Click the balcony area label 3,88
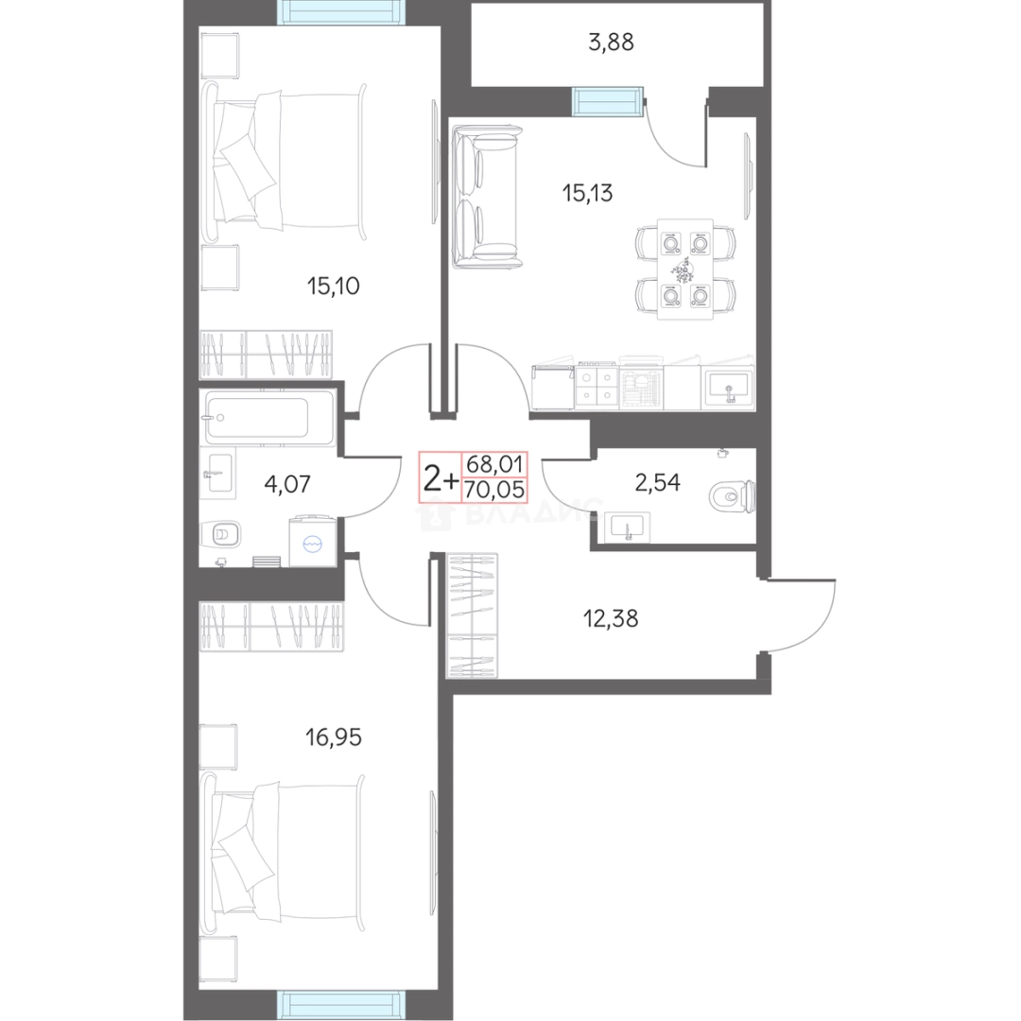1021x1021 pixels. pos(611,43)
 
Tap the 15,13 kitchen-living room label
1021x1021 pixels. pos(587,194)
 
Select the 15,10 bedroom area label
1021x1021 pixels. pos(334,286)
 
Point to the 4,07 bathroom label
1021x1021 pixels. pos(287,484)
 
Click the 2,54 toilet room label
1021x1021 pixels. pos(658,482)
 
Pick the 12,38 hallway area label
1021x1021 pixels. pos(611,618)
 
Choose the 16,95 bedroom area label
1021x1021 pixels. pos(334,737)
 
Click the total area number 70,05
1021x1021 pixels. pos(494,490)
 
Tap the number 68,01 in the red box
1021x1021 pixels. pos(494,464)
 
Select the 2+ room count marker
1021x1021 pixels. pos(441,479)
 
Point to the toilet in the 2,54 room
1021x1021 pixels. pos(733,497)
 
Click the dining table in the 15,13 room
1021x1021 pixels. pos(685,268)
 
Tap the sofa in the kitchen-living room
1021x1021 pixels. pos(488,198)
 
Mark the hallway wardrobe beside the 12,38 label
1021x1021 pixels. pos(472,616)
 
